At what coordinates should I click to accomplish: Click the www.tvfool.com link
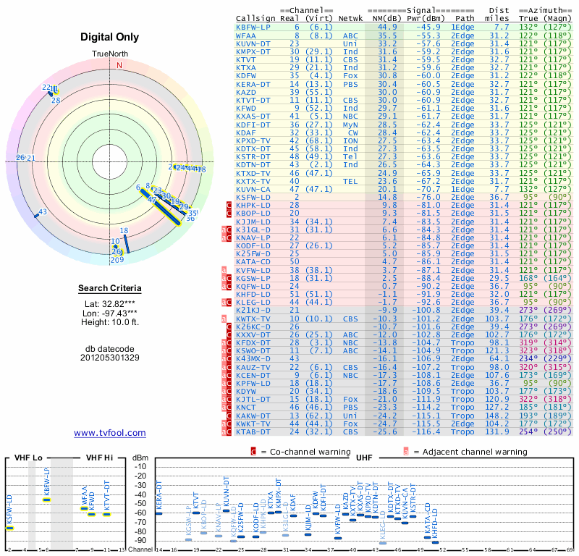(110, 433)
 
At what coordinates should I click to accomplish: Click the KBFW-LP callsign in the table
(253, 27)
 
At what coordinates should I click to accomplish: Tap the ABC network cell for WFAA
(350, 35)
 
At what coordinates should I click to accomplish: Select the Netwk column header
(351, 17)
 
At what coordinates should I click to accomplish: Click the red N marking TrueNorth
(120, 64)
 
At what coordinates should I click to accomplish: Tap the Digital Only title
(110, 37)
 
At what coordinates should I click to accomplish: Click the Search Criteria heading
(110, 289)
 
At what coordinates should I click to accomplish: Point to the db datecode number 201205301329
(110, 357)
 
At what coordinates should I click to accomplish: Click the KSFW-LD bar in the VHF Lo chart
(10, 528)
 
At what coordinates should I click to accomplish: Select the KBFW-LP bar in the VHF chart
(47, 500)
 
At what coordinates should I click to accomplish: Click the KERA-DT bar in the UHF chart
(159, 513)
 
